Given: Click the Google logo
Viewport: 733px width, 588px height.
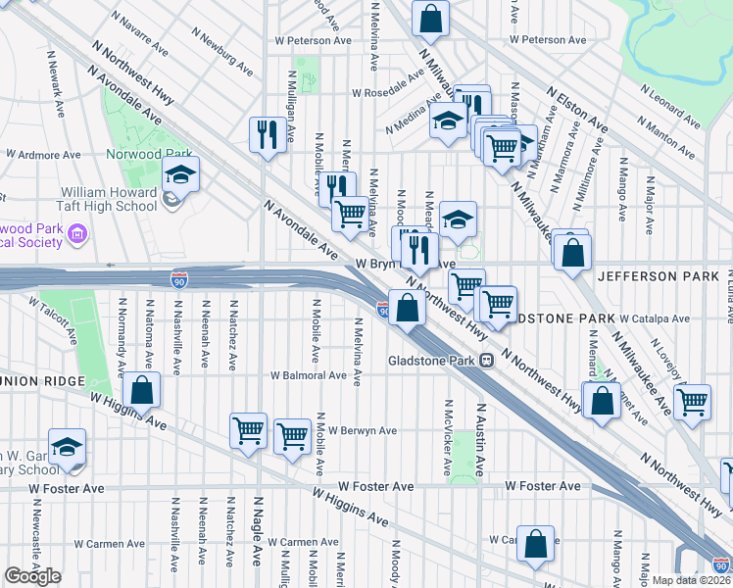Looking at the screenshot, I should tap(33, 576).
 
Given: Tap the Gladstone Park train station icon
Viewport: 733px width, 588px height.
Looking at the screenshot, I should tap(485, 360).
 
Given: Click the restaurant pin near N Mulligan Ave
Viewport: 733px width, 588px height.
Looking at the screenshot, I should tap(268, 135).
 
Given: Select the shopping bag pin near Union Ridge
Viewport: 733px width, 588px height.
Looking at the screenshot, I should tap(143, 390).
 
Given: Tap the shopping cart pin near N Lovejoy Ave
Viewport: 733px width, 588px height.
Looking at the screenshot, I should tap(692, 403).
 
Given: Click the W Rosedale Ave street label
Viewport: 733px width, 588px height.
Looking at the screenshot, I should tap(393, 95).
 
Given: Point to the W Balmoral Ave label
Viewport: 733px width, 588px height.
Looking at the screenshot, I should tap(309, 375).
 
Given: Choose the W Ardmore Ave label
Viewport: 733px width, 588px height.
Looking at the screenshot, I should tap(43, 155).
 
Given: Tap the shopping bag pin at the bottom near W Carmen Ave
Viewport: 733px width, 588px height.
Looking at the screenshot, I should tap(536, 545).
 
